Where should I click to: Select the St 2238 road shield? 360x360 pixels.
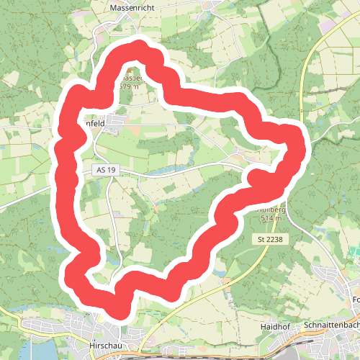click(x=271, y=238)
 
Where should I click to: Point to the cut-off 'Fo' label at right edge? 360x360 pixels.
click(x=355, y=300)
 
